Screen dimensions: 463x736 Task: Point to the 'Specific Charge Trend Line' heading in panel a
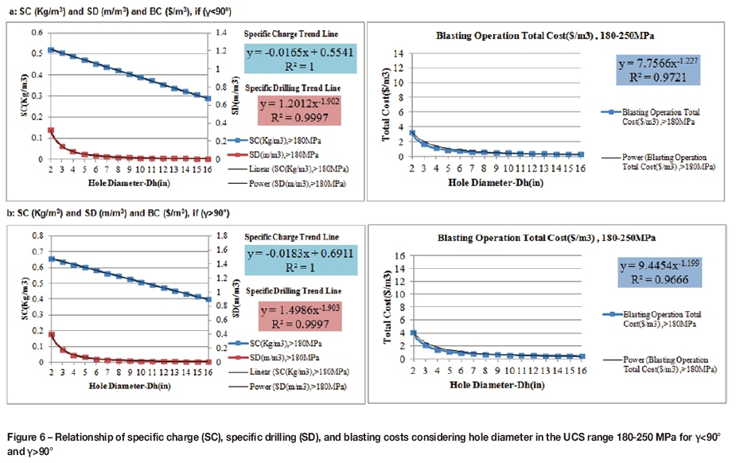290,35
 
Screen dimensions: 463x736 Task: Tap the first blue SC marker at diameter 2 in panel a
51,50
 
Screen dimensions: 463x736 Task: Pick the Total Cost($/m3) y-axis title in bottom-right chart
387,307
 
